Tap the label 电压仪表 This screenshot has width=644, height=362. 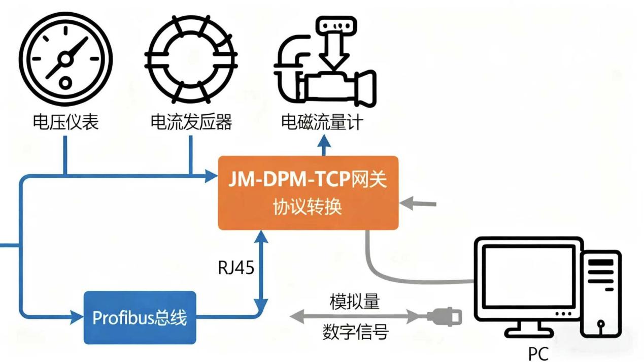coord(65,122)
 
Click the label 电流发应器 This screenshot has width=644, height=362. coord(191,122)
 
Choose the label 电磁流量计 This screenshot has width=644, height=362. coord(322,123)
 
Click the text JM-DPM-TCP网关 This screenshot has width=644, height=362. coord(308,180)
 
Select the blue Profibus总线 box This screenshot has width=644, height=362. coord(140,318)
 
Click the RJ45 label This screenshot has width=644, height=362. coord(236,268)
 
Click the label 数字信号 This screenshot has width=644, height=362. coord(355,332)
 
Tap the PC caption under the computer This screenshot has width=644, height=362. coord(538,352)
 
